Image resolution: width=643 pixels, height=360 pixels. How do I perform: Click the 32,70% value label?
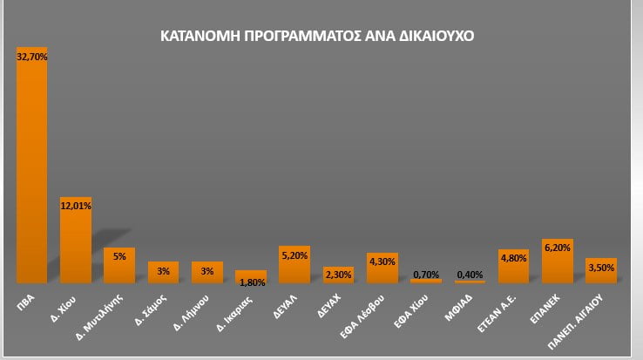[x=32, y=57]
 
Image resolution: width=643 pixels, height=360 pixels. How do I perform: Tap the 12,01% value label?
[x=76, y=206]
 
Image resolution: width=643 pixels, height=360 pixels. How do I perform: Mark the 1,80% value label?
[x=251, y=282]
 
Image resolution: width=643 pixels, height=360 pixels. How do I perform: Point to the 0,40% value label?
[x=470, y=275]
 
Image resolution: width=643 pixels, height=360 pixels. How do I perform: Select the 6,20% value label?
[x=558, y=248]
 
